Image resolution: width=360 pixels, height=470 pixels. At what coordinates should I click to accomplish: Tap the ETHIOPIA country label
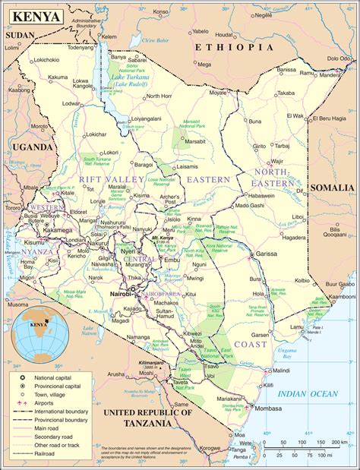[233, 47]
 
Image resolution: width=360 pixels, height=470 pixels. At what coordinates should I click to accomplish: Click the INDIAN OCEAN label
[306, 393]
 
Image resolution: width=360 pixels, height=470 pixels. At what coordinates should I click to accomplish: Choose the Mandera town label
[330, 75]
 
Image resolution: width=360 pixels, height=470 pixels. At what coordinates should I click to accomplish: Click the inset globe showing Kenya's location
[37, 327]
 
